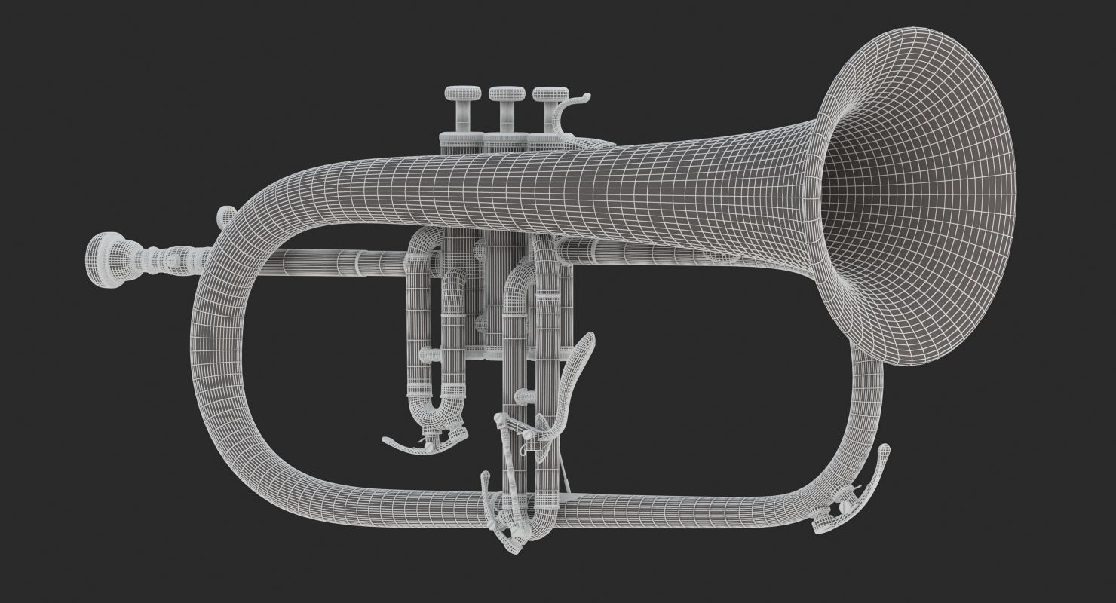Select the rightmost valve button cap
550,94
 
